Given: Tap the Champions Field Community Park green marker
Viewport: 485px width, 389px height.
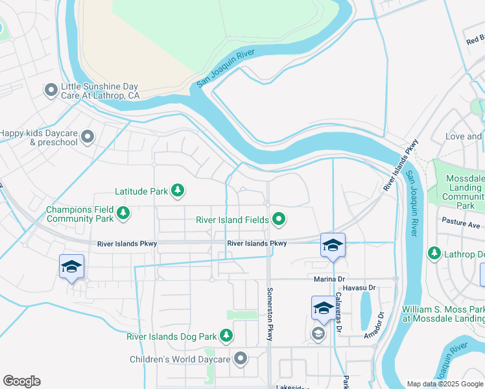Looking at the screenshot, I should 123,213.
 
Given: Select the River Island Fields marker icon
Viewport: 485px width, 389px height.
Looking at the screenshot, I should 279,220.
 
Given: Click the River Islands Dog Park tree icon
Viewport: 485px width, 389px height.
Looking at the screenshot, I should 226,336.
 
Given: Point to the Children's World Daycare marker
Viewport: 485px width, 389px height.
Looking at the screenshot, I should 241,359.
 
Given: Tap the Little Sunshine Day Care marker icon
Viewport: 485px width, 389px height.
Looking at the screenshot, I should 51,91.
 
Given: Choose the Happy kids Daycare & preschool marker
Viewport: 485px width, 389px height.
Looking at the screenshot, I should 88,137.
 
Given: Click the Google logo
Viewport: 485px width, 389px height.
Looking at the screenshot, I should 21,381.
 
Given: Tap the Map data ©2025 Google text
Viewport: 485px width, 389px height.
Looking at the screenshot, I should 444,384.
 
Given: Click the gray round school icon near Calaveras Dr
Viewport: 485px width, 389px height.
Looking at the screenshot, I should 318,334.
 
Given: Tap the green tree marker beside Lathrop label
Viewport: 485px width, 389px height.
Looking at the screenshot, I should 434,253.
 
